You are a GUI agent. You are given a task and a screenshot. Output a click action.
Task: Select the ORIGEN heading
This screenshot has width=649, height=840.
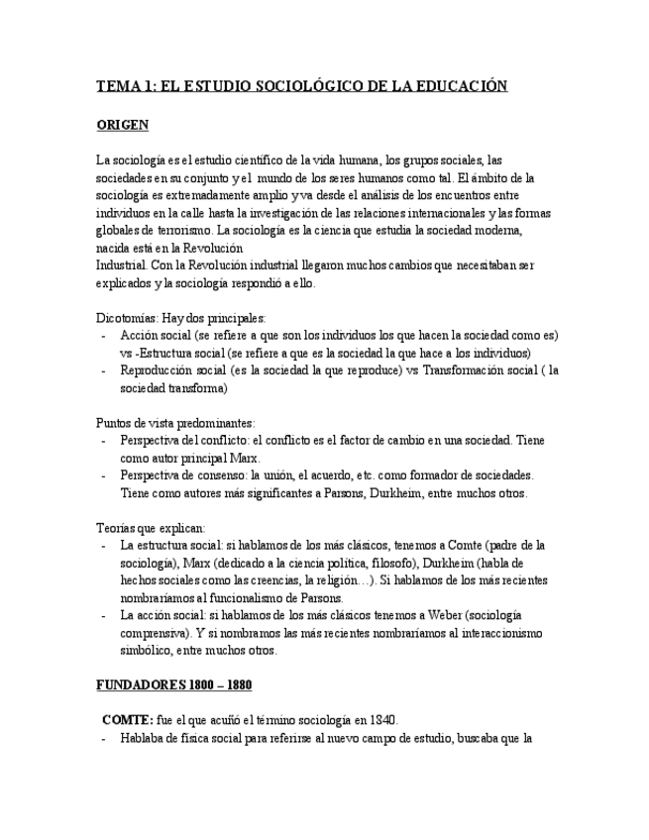click(x=122, y=125)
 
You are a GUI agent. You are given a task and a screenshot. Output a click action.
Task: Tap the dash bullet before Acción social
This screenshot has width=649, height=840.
click(x=104, y=335)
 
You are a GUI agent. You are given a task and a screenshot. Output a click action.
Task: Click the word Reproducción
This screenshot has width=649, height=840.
click(x=161, y=370)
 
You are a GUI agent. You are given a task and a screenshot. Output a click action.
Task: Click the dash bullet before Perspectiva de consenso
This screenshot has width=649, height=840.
click(x=104, y=475)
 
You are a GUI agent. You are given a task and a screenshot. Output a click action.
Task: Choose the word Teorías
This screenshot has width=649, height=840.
click(x=117, y=528)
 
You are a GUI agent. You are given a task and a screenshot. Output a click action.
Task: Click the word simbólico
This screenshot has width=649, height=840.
click(x=146, y=651)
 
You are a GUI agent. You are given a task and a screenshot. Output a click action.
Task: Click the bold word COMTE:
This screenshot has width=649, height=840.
click(x=128, y=720)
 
